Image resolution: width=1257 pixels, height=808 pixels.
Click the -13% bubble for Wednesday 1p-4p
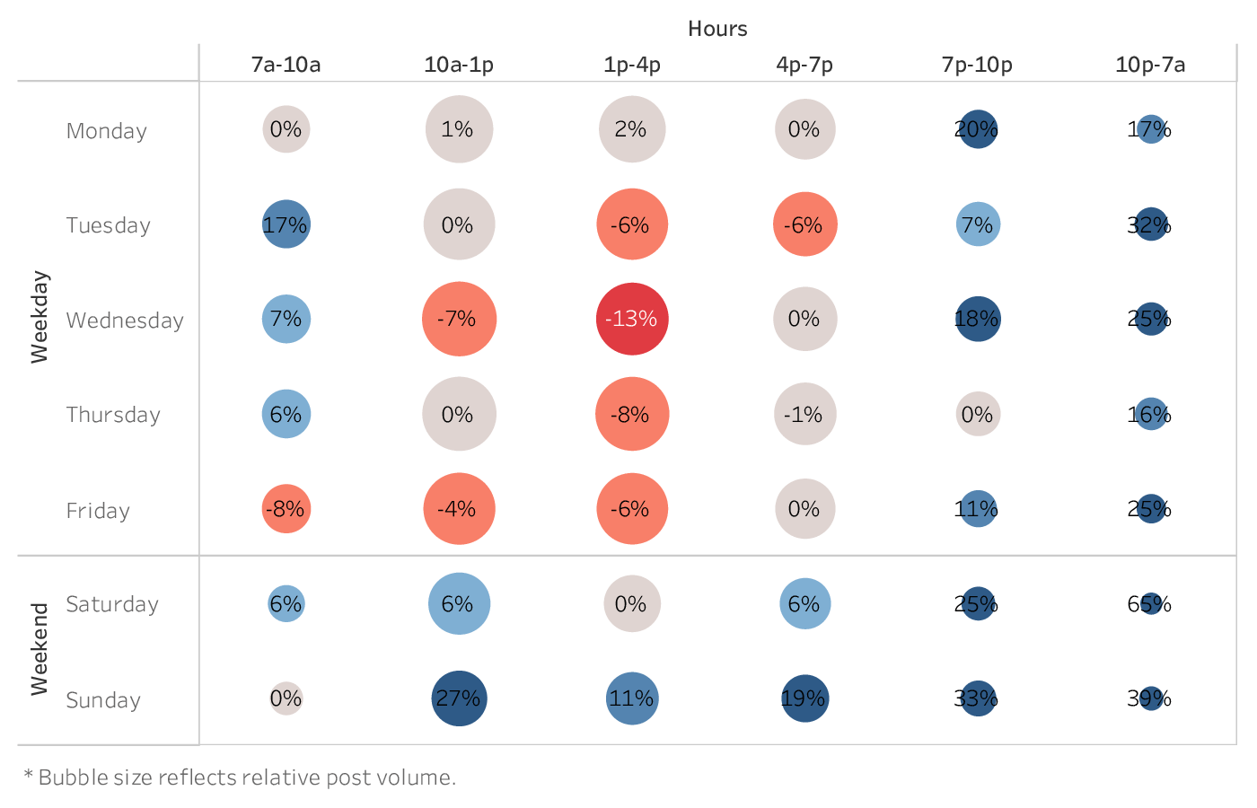click(x=632, y=319)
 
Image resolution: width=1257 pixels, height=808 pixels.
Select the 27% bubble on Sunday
click(x=459, y=698)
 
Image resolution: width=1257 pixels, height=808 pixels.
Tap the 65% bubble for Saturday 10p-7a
click(x=1150, y=603)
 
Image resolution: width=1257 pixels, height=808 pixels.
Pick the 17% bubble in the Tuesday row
click(x=286, y=224)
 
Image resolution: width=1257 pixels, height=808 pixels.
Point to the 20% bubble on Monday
click(x=978, y=129)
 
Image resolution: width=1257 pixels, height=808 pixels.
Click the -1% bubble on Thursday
click(x=804, y=414)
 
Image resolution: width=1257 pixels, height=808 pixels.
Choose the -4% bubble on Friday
click(x=459, y=509)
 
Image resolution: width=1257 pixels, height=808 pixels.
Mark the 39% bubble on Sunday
click(x=1150, y=698)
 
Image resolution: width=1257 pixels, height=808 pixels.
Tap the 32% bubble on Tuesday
click(x=1150, y=224)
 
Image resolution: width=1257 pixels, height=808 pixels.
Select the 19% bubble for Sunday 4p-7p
click(x=804, y=698)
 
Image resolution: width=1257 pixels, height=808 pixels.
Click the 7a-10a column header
click(x=286, y=65)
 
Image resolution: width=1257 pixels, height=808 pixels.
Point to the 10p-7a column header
click(x=1150, y=65)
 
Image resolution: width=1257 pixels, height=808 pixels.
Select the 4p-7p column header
click(x=804, y=65)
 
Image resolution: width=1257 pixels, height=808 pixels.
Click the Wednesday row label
click(x=125, y=321)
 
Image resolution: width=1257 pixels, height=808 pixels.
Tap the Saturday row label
click(x=112, y=604)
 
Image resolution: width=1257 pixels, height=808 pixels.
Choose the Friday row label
click(x=98, y=511)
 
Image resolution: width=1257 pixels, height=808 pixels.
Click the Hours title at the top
click(x=717, y=29)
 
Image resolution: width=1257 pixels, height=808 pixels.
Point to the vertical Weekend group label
click(x=40, y=649)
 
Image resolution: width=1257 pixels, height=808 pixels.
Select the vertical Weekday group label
click(x=40, y=317)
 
